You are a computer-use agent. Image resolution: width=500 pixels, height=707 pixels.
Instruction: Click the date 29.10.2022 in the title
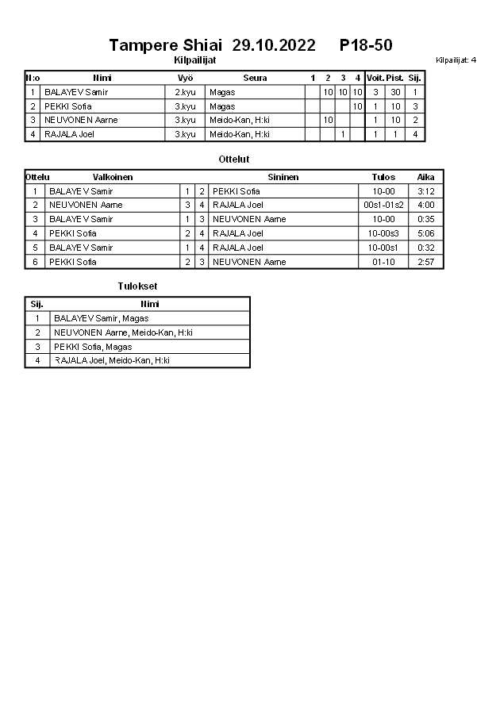(x=273, y=45)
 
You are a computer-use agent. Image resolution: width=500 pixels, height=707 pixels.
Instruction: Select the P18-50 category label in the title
(x=365, y=45)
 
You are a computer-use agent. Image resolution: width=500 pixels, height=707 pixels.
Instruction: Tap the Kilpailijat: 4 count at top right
(x=456, y=60)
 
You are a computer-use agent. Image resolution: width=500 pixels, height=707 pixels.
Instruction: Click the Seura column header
(x=255, y=78)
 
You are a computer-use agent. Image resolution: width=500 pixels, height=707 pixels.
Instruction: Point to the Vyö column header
(x=185, y=78)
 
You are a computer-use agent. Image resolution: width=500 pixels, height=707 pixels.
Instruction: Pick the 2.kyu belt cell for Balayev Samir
(x=185, y=92)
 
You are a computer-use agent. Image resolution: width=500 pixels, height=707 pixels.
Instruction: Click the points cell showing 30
(x=395, y=92)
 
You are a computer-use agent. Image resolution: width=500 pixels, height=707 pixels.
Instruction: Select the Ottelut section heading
(x=234, y=159)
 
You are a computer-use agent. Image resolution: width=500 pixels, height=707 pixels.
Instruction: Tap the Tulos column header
(x=383, y=177)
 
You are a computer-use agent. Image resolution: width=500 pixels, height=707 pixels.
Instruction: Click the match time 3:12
(x=425, y=191)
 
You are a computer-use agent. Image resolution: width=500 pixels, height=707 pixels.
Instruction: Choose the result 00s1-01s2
(x=383, y=205)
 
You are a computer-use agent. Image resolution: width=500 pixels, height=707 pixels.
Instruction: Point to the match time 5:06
(x=425, y=233)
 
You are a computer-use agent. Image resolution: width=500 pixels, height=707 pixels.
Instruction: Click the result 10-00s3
(x=383, y=233)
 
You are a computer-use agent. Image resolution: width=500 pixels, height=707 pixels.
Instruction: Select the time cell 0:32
(x=425, y=248)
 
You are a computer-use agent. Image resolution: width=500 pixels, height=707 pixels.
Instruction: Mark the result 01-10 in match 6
(x=383, y=262)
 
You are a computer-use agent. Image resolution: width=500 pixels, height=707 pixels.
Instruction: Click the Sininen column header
(x=283, y=177)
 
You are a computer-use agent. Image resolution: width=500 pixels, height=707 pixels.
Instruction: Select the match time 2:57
(x=425, y=262)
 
